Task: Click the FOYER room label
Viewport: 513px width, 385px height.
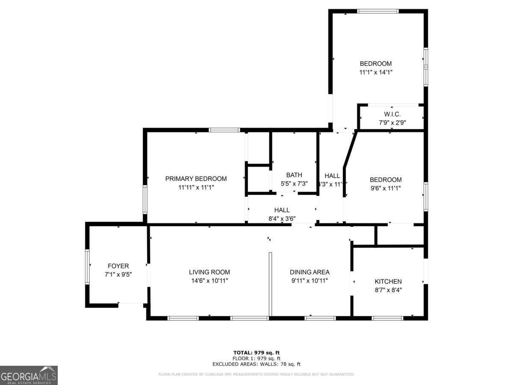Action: [x=118, y=266]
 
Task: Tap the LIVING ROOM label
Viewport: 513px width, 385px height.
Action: [x=209, y=272]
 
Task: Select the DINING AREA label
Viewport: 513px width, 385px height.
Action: [x=310, y=272]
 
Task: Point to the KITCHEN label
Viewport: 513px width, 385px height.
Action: [x=388, y=281]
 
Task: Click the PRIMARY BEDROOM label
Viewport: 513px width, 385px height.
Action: [x=196, y=179]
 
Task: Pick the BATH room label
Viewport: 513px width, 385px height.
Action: [x=294, y=175]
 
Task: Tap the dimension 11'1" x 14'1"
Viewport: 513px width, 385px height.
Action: [x=376, y=72]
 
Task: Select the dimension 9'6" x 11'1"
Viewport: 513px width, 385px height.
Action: [x=386, y=188]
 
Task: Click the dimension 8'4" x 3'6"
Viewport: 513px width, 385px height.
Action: [x=282, y=218]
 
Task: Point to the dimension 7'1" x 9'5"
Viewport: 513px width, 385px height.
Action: [x=118, y=274]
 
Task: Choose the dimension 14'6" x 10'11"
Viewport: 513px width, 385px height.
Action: [x=209, y=281]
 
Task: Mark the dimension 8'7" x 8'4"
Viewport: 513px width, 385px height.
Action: [x=388, y=290]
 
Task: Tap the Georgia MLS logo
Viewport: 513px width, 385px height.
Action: [x=29, y=375]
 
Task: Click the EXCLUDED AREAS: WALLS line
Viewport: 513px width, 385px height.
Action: [x=256, y=364]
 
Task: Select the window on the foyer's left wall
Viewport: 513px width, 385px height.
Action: [x=87, y=267]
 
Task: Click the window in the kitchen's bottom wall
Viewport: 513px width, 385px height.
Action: [x=387, y=318]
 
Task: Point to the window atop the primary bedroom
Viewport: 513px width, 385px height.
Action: [x=224, y=130]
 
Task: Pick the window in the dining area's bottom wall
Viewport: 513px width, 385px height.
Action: [x=320, y=318]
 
